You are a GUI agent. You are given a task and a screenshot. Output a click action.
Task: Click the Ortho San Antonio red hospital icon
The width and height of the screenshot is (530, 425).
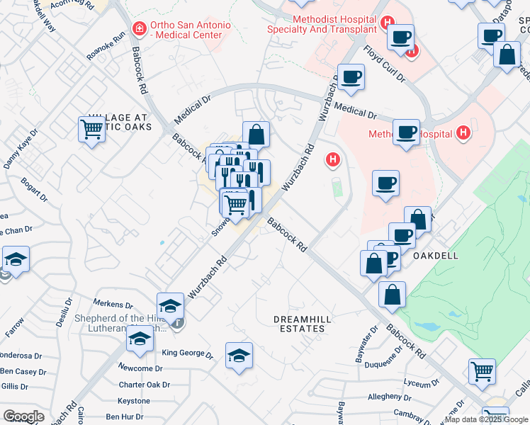pos(140,29)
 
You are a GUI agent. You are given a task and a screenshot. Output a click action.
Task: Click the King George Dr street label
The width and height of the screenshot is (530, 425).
pos(187,353)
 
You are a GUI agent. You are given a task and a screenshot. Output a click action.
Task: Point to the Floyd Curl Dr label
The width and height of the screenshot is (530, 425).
pos(383,64)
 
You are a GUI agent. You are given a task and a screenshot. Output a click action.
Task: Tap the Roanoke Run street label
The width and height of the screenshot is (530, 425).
pos(105,50)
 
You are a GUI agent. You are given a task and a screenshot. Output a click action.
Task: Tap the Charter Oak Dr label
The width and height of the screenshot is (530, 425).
pos(145,385)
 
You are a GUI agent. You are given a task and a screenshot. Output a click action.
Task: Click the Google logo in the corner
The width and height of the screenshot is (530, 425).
pos(23,416)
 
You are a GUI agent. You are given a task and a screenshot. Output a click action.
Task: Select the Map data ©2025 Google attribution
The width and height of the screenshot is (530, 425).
pos(486,419)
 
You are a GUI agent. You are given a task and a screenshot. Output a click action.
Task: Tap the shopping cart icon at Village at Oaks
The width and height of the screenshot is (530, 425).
pos(92,130)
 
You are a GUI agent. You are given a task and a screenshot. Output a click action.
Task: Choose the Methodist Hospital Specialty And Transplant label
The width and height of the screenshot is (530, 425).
pos(321,24)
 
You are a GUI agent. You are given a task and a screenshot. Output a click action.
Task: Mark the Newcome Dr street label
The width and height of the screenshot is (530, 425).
pos(140,368)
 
